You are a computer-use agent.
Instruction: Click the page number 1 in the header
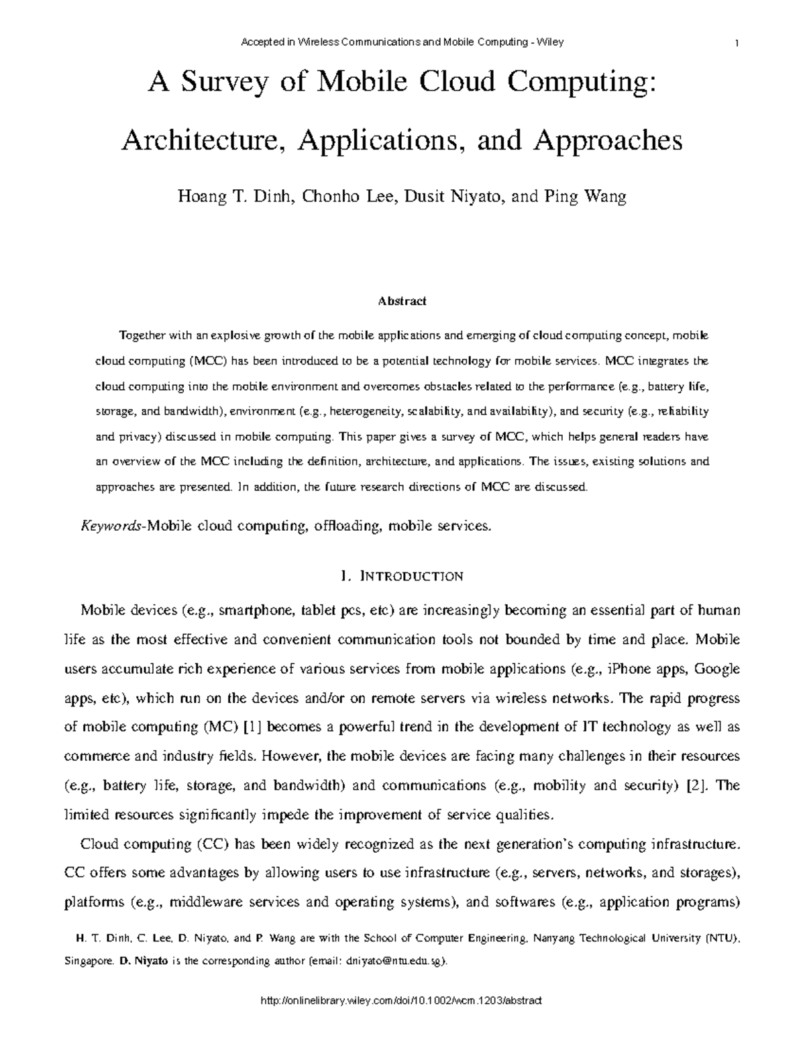pyautogui.click(x=737, y=43)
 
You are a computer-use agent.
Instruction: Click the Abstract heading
pyautogui.click(x=402, y=301)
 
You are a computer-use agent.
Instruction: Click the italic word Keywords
pyautogui.click(x=110, y=526)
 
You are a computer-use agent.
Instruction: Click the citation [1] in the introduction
pyautogui.click(x=254, y=727)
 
